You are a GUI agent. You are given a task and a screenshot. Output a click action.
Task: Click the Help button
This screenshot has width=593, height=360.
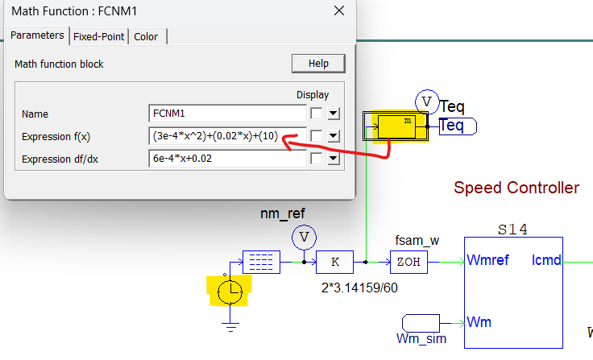(x=318, y=64)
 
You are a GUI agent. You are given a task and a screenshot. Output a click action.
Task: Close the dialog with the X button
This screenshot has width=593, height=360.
(x=338, y=11)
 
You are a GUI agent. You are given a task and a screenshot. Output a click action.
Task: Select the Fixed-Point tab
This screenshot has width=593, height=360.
(x=98, y=36)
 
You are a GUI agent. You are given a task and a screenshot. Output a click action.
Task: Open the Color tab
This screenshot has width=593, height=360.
(x=146, y=36)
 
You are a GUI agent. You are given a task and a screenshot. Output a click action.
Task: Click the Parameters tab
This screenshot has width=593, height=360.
(x=36, y=35)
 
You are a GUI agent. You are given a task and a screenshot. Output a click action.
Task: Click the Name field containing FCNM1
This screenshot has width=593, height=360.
(x=226, y=114)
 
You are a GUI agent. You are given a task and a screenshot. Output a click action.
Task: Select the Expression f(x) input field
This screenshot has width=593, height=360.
(x=226, y=136)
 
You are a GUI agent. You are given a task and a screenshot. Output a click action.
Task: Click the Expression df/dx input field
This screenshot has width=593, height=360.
(x=226, y=159)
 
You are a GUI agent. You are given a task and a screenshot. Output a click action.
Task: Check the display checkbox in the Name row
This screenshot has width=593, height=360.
(x=317, y=114)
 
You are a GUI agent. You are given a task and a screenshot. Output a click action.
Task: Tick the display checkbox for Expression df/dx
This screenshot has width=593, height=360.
(x=317, y=159)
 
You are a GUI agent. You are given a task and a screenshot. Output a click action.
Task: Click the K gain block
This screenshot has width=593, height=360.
(x=334, y=262)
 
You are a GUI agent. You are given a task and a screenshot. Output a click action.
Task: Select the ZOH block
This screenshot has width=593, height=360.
(x=408, y=262)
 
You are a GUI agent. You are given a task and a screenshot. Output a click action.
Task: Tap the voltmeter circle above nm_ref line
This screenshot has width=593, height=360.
(x=305, y=237)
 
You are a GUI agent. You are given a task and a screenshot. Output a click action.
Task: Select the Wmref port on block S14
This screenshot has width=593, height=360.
(x=487, y=261)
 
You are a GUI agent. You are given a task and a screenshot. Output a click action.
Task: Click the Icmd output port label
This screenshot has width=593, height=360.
(x=548, y=261)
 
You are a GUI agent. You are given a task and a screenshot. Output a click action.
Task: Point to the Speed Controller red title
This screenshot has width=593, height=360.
(x=516, y=188)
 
